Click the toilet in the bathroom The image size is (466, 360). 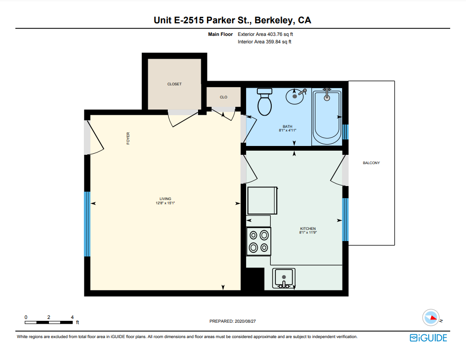[265, 102]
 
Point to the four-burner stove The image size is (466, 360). [259, 241]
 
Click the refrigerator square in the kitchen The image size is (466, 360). [262, 201]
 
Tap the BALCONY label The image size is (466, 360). [371, 163]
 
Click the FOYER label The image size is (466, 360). [128, 138]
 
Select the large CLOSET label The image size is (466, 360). [174, 84]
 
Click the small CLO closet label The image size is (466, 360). [224, 97]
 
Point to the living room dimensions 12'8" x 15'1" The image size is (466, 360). [165, 203]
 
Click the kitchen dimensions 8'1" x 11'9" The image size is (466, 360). [308, 232]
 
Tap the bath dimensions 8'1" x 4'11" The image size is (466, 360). [288, 130]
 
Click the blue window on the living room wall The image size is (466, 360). [87, 224]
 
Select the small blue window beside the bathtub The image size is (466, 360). [345, 132]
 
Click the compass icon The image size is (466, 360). [431, 318]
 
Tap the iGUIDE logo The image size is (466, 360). [428, 338]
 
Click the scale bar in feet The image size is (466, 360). [49, 323]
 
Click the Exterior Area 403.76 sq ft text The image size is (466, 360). [266, 34]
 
